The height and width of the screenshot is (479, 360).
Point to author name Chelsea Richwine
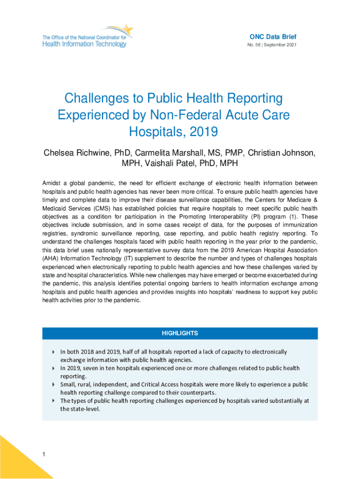(75, 153)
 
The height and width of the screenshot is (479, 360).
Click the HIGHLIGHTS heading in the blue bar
(180, 334)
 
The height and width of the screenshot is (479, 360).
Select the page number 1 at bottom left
(43, 454)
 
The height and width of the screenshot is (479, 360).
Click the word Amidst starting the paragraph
(52, 183)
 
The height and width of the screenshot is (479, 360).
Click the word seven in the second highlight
(95, 368)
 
